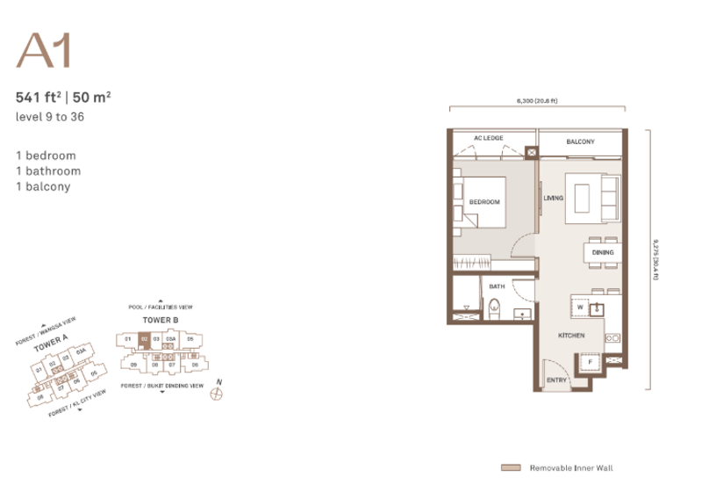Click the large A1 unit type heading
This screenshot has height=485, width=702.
click(42, 52)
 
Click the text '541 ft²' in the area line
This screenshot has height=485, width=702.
click(38, 98)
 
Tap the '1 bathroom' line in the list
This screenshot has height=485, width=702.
click(48, 170)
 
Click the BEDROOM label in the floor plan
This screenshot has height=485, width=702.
click(484, 202)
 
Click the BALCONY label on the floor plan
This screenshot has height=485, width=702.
click(580, 141)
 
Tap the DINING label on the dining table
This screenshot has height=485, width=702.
click(602, 253)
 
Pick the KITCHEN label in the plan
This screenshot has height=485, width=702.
click(571, 337)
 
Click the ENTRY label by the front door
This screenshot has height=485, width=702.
click(557, 380)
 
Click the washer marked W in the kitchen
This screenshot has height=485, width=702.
click(580, 308)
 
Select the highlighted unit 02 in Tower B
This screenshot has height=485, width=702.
click(145, 338)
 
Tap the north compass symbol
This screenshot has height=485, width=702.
click(217, 392)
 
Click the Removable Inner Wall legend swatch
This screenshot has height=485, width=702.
click(511, 468)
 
